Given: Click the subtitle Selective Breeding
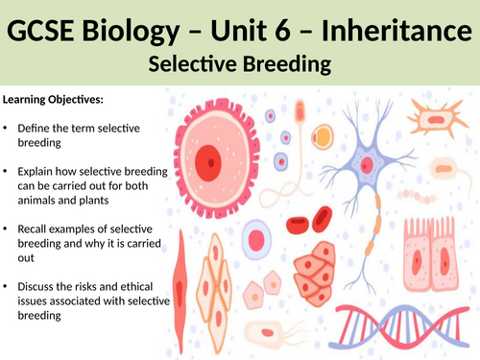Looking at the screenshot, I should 239,64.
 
